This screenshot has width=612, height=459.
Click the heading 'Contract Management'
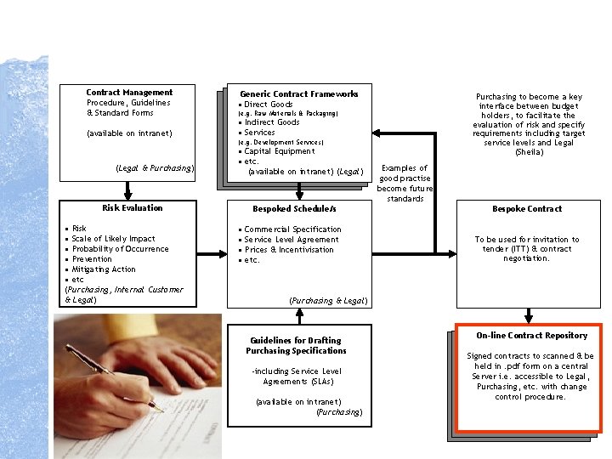[129, 93]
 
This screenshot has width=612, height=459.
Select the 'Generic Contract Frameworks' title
[299, 94]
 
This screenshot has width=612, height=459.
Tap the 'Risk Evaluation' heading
[133, 208]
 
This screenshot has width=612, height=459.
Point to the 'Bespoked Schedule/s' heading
[295, 209]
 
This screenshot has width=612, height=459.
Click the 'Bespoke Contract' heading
[527, 209]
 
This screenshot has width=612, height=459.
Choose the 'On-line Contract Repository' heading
[532, 336]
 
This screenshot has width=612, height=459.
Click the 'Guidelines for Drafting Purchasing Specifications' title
[296, 345]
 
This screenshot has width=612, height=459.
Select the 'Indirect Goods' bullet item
[272, 122]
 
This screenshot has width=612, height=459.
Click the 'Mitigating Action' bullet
[104, 269]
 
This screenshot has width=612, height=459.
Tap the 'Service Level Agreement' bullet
[291, 240]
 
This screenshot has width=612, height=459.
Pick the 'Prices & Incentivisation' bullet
[289, 250]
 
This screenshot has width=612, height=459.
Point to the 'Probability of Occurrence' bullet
[120, 249]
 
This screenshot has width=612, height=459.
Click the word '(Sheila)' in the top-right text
[528, 153]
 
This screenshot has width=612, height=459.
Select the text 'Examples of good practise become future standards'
[405, 183]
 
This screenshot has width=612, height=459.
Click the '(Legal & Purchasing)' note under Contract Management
[155, 168]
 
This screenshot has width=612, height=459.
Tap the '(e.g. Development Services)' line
[280, 142]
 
